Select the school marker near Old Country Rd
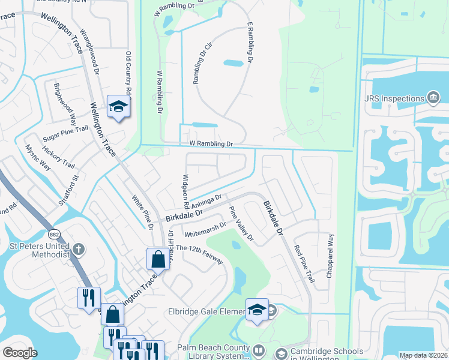pyautogui.click(x=118, y=107)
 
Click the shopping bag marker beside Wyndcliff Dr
pyautogui.click(x=158, y=259)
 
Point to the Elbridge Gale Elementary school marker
pyautogui.click(x=257, y=310)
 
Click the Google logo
pyautogui.click(x=20, y=353)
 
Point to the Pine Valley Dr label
pyautogui.click(x=241, y=224)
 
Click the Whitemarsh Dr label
pyautogui.click(x=205, y=229)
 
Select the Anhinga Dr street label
pyautogui.click(x=206, y=199)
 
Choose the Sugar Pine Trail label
pyautogui.click(x=65, y=134)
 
